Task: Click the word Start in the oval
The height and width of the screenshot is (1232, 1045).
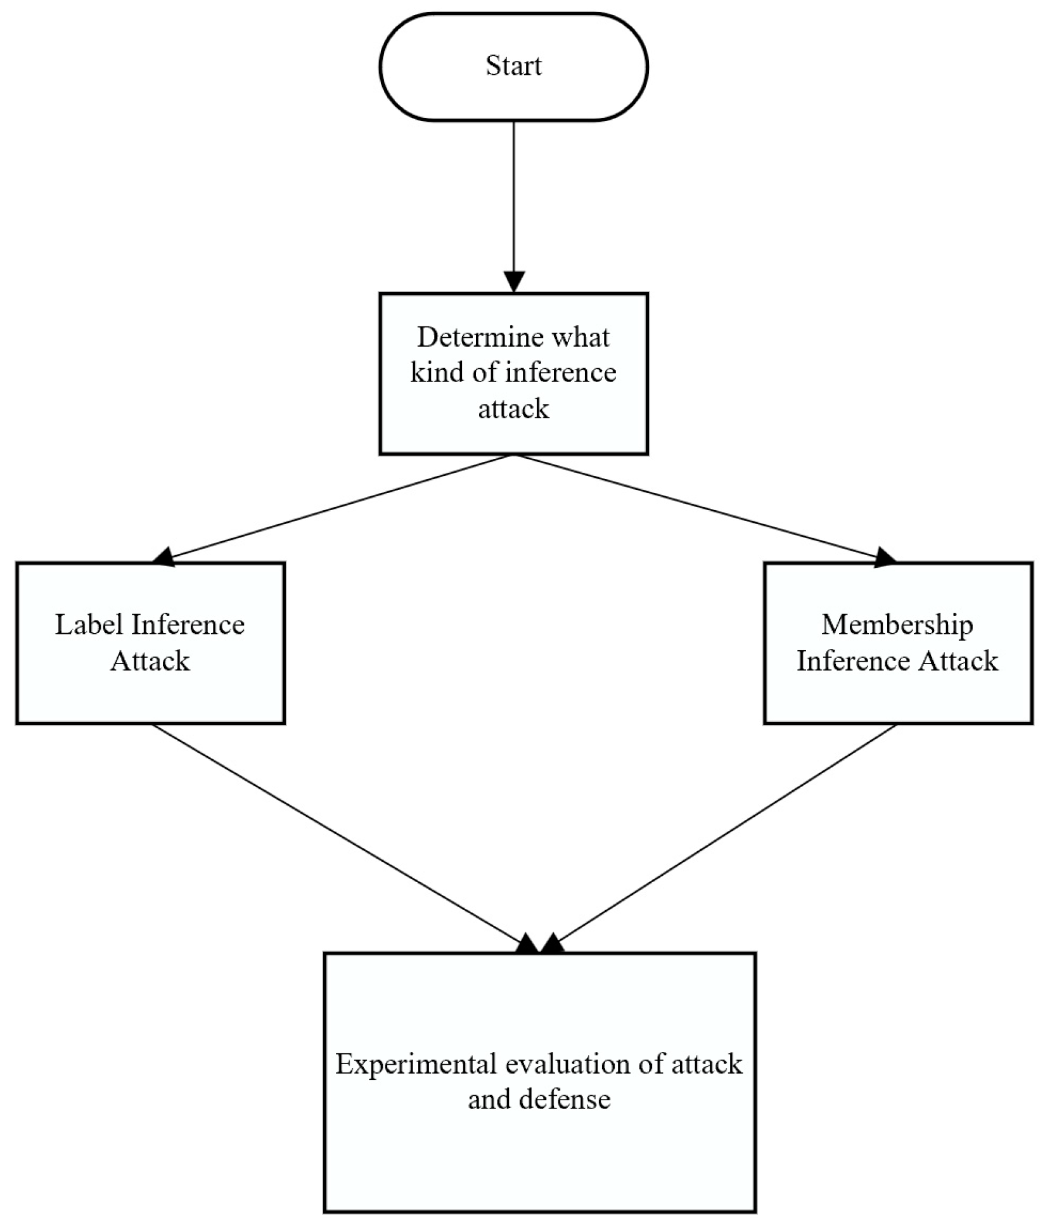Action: pos(513,66)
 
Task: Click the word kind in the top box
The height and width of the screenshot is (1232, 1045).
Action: pos(437,373)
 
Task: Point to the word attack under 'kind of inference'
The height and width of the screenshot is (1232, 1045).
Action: pos(513,409)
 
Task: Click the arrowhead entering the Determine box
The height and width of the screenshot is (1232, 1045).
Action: pos(514,281)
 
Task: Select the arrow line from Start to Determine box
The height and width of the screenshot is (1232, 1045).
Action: pos(514,196)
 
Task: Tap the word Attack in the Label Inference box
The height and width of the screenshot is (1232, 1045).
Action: pos(150,661)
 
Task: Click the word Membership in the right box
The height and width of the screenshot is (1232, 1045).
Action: pos(897,625)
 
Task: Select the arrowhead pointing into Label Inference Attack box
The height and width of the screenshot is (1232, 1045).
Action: pos(163,557)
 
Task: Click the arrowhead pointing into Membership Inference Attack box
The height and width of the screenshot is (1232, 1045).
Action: pos(885,558)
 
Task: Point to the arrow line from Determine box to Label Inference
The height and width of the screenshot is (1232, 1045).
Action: pos(342,505)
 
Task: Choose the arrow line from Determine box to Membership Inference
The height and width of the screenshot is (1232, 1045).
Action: pos(697,505)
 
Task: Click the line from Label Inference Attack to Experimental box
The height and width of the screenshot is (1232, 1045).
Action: pos(336,831)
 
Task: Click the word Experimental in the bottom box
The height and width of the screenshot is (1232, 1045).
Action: pos(416,1064)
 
